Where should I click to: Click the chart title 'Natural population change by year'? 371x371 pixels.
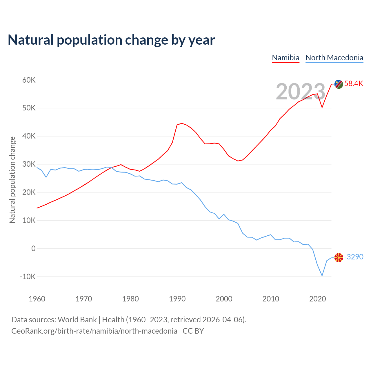(x=111, y=40)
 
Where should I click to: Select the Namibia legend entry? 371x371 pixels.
(x=285, y=58)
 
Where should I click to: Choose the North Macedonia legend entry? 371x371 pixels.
(x=334, y=58)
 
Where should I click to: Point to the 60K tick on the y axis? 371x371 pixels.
(x=29, y=80)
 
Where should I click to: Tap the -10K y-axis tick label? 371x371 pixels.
(x=28, y=277)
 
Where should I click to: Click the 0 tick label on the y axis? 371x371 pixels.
(x=33, y=248)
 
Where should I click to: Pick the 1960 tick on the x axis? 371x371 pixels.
(x=37, y=299)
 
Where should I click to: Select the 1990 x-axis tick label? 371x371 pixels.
(x=177, y=299)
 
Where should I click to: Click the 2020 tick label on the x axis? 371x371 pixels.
(x=318, y=299)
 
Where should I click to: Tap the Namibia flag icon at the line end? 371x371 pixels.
(x=339, y=84)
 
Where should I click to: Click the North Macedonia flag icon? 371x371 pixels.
(x=339, y=257)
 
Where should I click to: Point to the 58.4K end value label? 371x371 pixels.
(x=354, y=84)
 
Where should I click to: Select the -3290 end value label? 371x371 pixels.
(x=354, y=257)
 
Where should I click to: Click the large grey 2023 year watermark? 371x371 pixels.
(x=301, y=92)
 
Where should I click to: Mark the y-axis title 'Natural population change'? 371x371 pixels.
(x=12, y=180)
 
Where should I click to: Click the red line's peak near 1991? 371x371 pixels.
(x=182, y=123)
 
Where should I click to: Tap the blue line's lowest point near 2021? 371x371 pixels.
(x=322, y=276)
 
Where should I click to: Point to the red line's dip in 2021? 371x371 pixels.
(x=322, y=108)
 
